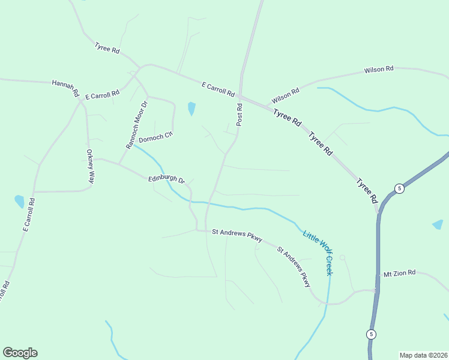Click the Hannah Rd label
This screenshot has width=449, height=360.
pos(65,88)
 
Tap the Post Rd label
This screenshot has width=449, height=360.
pos(239,115)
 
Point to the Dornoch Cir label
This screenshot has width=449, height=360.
pos(155,138)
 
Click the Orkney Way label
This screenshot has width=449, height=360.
pos(90,166)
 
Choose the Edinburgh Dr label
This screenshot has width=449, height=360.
pos(167,179)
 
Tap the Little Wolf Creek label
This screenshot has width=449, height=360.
pos(318,253)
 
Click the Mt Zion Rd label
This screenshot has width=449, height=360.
pos(399,274)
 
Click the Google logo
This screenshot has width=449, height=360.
pos(20,353)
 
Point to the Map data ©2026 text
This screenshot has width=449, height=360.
pos(423,355)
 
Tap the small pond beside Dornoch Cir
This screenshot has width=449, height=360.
pos(191,109)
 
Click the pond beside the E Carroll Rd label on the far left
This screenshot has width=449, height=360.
pos(19,201)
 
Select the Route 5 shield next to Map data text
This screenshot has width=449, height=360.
pos(372,334)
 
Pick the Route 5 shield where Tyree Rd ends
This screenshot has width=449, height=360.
pos(399,188)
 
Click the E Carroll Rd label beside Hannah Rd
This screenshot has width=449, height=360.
pos(102,94)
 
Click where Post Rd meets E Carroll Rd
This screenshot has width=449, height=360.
pos(240,95)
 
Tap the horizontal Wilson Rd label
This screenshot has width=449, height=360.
pos(378,70)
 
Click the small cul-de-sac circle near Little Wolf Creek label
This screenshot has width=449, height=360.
pos(342,257)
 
